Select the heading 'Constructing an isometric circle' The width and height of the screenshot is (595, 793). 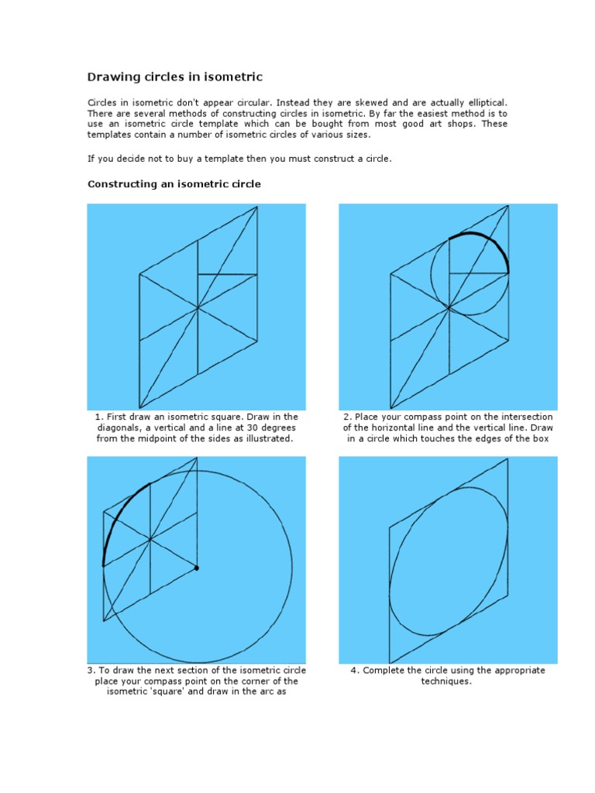pos(174,184)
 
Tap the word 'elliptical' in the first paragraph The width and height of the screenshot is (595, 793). pos(481,102)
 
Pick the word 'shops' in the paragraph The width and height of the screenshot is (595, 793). pos(457,124)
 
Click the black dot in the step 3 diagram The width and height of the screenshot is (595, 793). pos(197,568)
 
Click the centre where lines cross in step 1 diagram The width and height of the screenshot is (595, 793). pos(198,307)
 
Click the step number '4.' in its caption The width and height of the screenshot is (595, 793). pos(355,671)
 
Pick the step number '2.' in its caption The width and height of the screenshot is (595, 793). pos(347,417)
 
